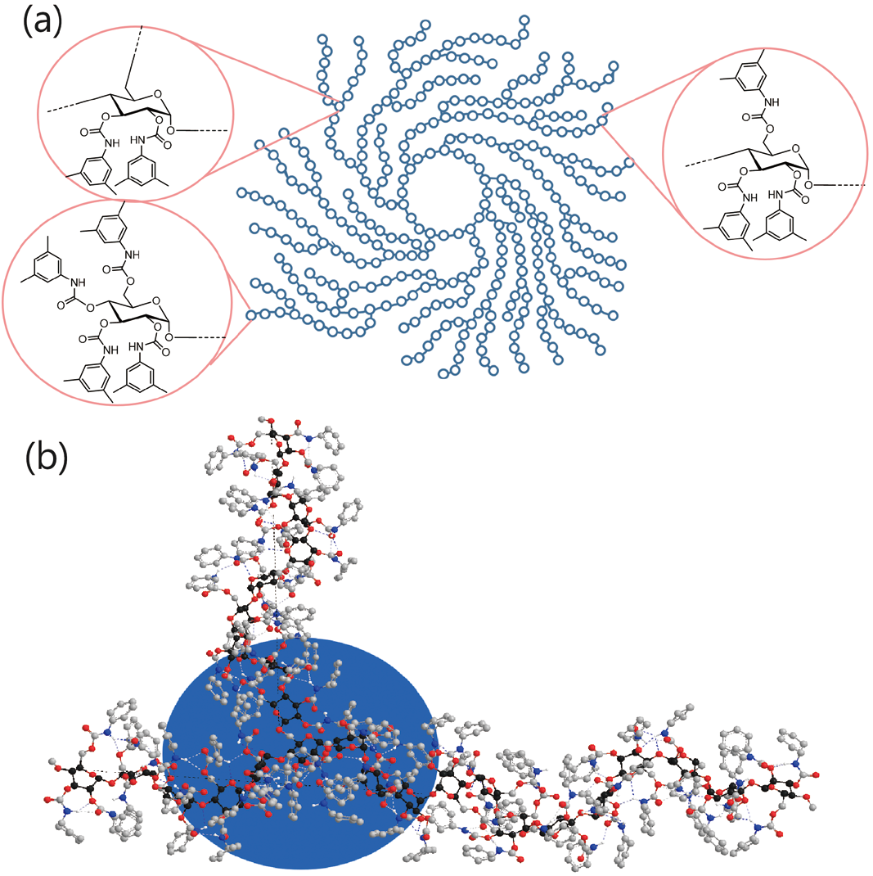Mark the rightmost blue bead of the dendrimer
tap(628, 162)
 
